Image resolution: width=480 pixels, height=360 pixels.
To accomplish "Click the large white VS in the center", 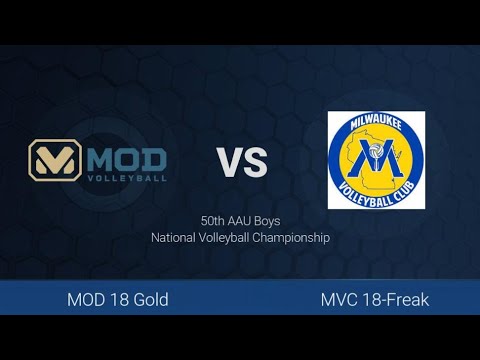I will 243,161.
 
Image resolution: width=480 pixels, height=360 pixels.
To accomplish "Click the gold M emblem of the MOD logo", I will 57,160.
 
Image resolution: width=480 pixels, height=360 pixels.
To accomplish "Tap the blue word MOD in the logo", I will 127,158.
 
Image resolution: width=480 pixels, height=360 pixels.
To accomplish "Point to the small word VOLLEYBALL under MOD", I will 127,178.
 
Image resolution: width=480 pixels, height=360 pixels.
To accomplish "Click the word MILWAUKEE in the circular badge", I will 376,126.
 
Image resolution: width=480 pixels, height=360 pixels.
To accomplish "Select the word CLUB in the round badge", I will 405,185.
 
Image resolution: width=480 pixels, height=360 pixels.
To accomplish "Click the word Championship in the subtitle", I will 293,238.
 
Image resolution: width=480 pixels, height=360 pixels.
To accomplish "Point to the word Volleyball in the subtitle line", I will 227,238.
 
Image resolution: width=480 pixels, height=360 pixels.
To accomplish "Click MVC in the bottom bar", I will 340,299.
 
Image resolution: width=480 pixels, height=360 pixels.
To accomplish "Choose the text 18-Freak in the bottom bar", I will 395,299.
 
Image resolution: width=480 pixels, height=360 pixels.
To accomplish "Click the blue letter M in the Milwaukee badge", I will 378,160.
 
